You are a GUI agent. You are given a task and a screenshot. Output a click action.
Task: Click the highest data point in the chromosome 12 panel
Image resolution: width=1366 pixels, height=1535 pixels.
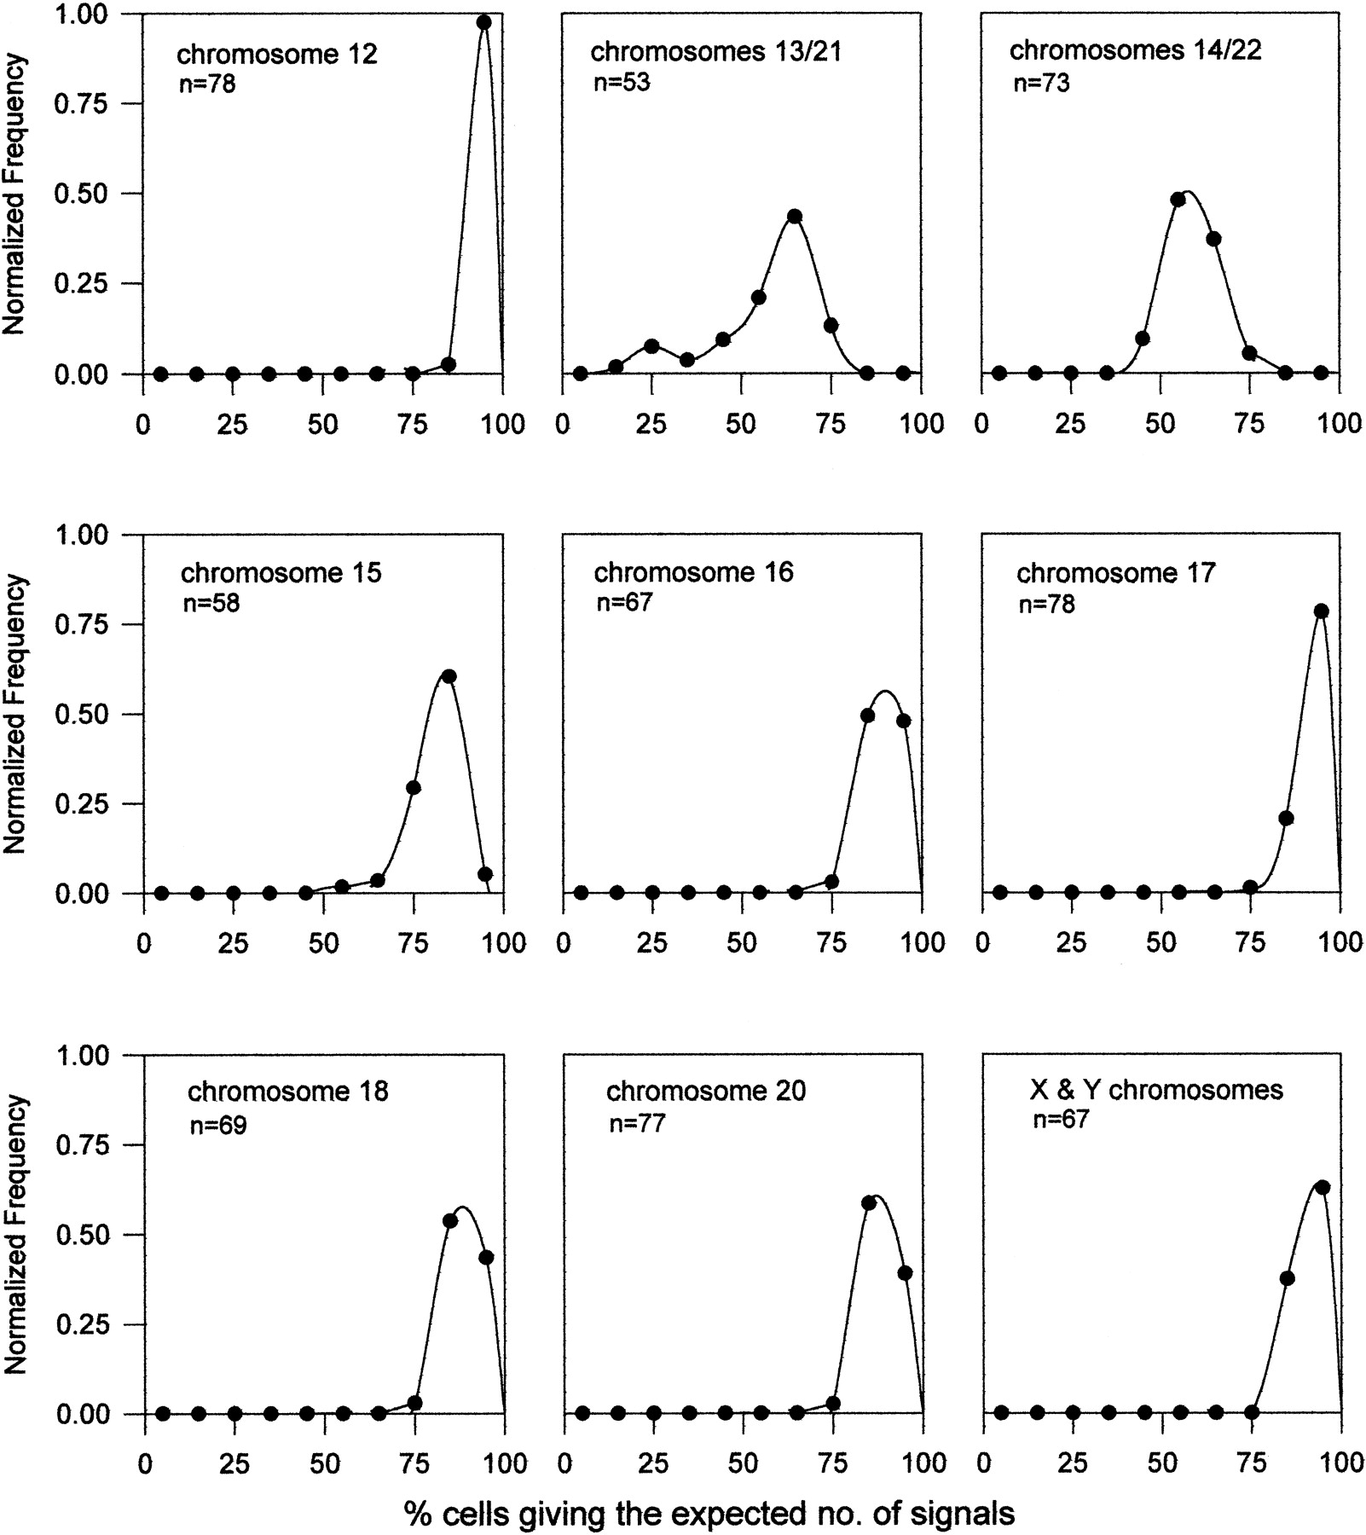click(483, 23)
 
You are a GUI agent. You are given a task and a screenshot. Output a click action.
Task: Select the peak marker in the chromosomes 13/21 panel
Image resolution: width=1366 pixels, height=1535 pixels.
click(795, 216)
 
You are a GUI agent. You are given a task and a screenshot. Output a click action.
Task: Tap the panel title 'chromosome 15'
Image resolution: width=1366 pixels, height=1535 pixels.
click(281, 572)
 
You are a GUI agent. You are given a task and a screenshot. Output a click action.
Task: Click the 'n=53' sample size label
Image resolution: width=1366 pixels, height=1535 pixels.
click(621, 83)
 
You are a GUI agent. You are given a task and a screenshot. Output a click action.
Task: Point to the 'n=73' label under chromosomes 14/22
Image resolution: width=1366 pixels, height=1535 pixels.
click(1040, 83)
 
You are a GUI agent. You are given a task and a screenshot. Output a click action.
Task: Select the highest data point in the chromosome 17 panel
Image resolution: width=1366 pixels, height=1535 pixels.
click(1322, 611)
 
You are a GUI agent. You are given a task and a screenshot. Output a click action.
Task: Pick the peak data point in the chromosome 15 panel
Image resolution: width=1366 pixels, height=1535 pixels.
click(449, 676)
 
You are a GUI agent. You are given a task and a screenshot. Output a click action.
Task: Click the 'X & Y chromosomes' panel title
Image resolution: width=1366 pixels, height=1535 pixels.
click(1157, 1089)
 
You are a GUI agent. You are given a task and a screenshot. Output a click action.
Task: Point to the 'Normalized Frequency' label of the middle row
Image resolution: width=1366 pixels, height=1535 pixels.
click(16, 714)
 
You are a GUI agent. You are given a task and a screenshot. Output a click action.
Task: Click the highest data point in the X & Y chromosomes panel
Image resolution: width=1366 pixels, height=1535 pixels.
click(1323, 1187)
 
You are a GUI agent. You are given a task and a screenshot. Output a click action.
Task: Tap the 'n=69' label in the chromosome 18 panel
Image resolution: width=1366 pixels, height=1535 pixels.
click(217, 1126)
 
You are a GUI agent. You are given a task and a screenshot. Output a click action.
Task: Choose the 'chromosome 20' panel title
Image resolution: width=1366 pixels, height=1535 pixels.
click(705, 1091)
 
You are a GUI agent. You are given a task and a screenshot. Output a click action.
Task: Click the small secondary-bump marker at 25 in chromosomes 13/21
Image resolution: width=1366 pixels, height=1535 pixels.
click(651, 346)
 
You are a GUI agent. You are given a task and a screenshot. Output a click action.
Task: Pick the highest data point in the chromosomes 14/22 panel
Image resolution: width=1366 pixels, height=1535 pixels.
click(1178, 200)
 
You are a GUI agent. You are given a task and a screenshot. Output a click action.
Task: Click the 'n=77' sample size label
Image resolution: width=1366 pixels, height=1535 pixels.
click(637, 1123)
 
